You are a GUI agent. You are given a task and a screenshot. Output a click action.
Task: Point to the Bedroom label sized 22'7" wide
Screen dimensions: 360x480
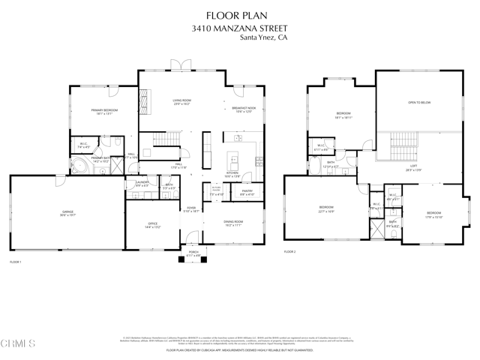click(326, 208)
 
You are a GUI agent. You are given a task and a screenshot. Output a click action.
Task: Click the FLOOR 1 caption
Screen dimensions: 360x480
click(16, 262)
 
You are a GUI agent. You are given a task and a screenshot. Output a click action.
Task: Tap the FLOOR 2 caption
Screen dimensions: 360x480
click(290, 251)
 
